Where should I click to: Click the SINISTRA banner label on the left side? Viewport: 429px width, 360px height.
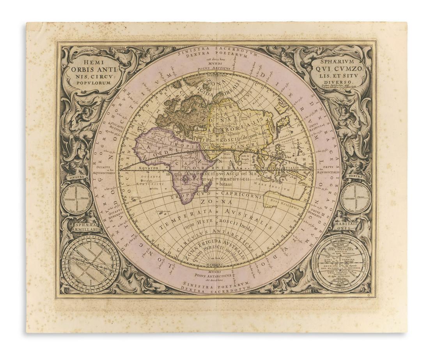point(77,177)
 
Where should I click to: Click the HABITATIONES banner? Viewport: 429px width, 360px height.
point(346,227)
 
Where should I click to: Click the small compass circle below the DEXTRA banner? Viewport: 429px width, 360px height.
point(355,198)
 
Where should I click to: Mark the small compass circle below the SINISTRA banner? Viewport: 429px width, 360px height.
point(77,199)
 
